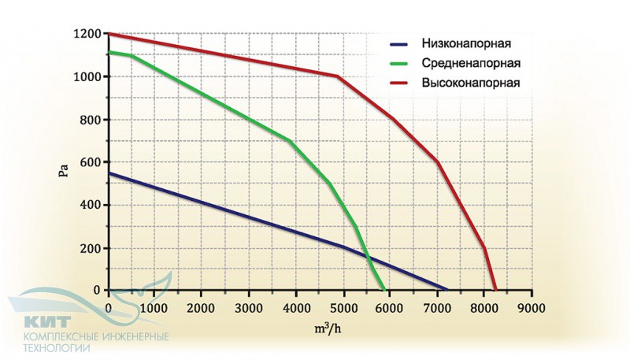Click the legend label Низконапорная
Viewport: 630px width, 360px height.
466,43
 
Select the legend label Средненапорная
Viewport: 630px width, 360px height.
471,63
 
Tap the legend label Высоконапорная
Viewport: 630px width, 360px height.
470,83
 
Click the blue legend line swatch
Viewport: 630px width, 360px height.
399,44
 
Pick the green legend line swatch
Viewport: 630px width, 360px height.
399,64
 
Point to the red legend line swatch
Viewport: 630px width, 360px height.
399,84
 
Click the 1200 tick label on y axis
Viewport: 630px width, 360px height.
87,34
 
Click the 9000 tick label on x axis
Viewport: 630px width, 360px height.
531,308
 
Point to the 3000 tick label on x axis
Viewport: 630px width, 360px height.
249,308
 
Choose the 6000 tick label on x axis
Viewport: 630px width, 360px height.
390,308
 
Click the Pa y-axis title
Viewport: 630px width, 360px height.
64,170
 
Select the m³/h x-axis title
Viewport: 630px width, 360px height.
328,328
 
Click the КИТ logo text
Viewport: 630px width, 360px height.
47,322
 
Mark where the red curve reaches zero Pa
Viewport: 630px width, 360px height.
496,289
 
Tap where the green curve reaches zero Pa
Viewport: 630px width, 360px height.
384,289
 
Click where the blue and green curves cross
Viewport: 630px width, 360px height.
368,255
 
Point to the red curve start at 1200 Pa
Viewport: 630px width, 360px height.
109,34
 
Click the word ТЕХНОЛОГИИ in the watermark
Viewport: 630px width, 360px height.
57,348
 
